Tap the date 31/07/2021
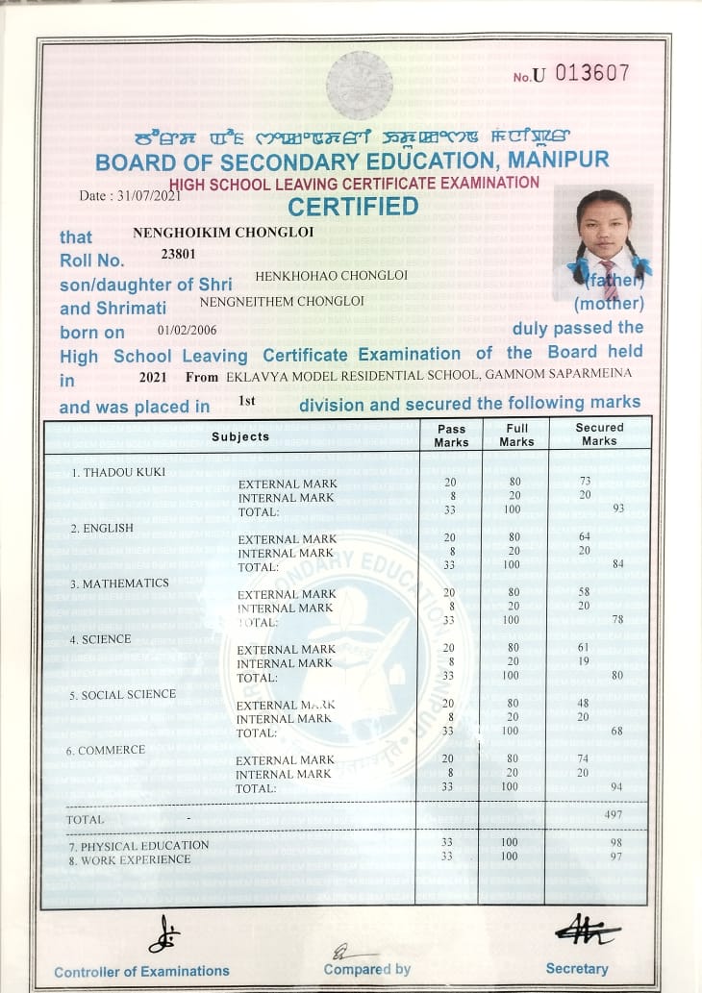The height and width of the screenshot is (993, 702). (x=144, y=195)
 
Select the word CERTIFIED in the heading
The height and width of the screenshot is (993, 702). (x=354, y=207)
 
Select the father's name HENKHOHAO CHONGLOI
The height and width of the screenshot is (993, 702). (x=332, y=276)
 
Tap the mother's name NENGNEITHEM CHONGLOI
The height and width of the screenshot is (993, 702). (x=282, y=302)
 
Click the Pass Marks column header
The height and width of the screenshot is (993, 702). (x=451, y=435)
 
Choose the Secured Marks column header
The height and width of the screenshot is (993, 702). (x=599, y=434)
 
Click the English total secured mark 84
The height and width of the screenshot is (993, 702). (x=617, y=563)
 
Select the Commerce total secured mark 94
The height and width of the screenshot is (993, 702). (x=617, y=787)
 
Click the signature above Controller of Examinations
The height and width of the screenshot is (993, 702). (x=164, y=933)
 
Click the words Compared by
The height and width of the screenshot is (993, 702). (x=367, y=969)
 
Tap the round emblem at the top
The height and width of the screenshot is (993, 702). (x=360, y=86)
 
